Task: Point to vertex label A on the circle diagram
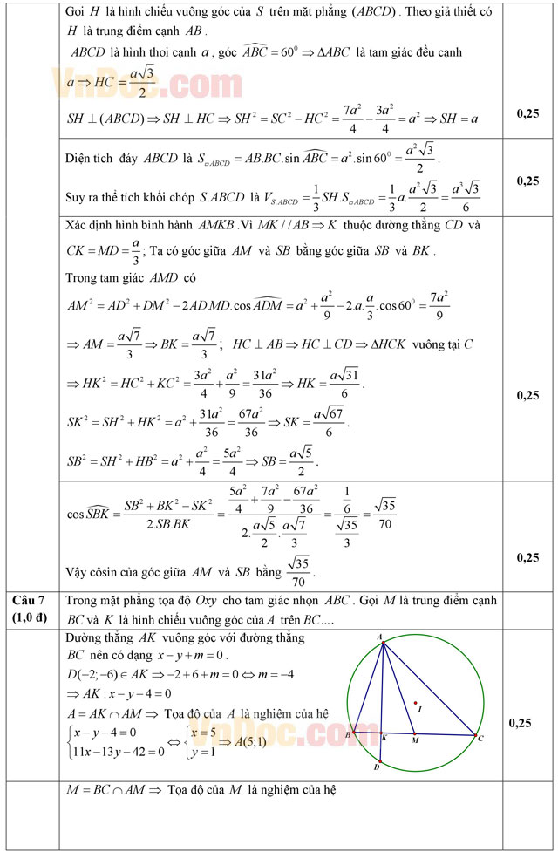click(x=380, y=637)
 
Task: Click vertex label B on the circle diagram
click(x=347, y=735)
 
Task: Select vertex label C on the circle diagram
click(x=480, y=738)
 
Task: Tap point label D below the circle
click(x=377, y=767)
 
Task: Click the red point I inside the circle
click(x=416, y=703)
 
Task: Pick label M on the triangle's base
click(x=414, y=740)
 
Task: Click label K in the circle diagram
click(x=384, y=738)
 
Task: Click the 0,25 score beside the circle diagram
click(x=527, y=723)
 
